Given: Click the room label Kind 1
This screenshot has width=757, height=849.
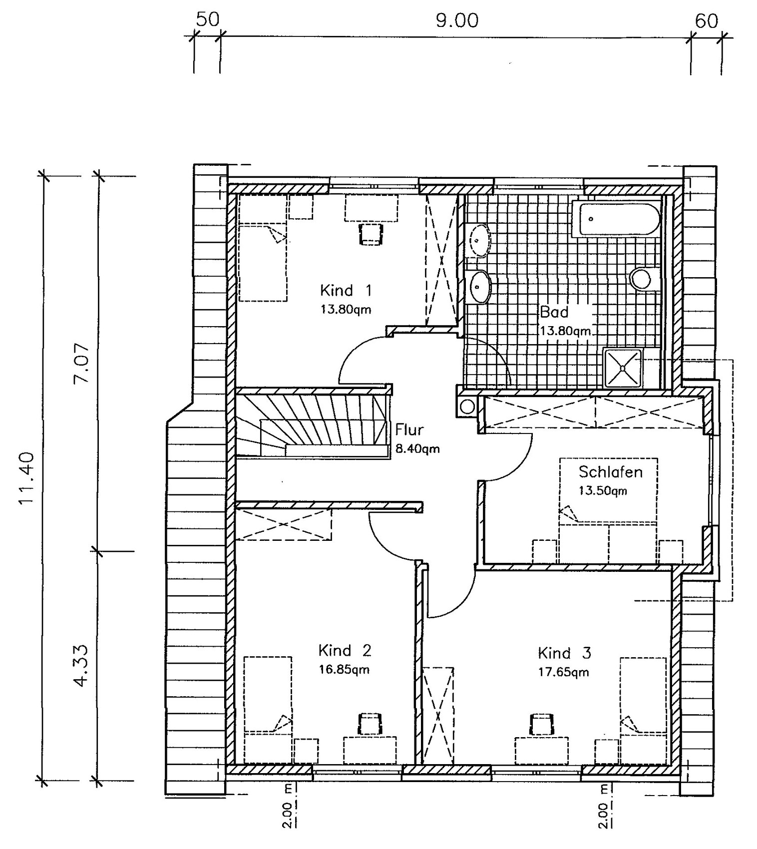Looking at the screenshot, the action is tap(346, 290).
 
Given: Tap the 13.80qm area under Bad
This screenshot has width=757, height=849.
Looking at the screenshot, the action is tap(565, 331).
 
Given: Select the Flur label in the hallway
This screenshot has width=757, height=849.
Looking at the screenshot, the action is tap(409, 429).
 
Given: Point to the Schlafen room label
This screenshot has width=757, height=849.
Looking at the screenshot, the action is tap(610, 472).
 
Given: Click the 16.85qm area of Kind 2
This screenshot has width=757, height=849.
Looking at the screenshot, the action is tap(344, 670).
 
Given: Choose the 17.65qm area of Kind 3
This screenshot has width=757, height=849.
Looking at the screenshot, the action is tap(563, 672).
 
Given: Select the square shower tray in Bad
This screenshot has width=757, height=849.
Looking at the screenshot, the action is tap(623, 368).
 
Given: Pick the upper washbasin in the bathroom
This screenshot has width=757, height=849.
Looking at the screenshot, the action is tap(480, 240).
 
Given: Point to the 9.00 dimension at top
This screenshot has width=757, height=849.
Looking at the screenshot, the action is tap(457, 21).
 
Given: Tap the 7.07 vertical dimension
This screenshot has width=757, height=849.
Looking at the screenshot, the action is tap(81, 363).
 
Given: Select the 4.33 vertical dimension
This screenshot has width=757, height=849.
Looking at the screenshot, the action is tap(81, 666).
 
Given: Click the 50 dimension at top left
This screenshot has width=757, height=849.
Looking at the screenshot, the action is tap(207, 19).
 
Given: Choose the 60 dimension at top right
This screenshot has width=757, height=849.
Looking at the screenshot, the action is tap(707, 21).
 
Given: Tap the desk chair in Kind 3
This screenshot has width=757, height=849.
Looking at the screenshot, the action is tap(541, 724).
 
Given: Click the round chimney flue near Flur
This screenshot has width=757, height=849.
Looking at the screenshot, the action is tap(467, 406).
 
